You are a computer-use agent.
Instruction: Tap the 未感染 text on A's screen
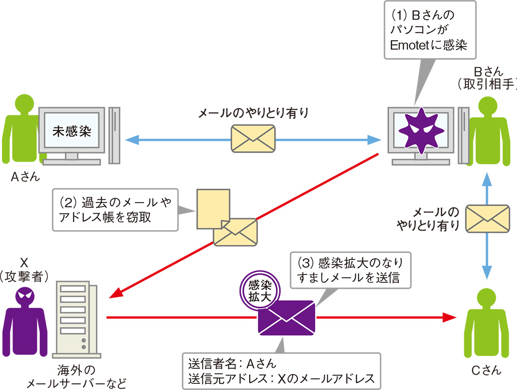[72, 130]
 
